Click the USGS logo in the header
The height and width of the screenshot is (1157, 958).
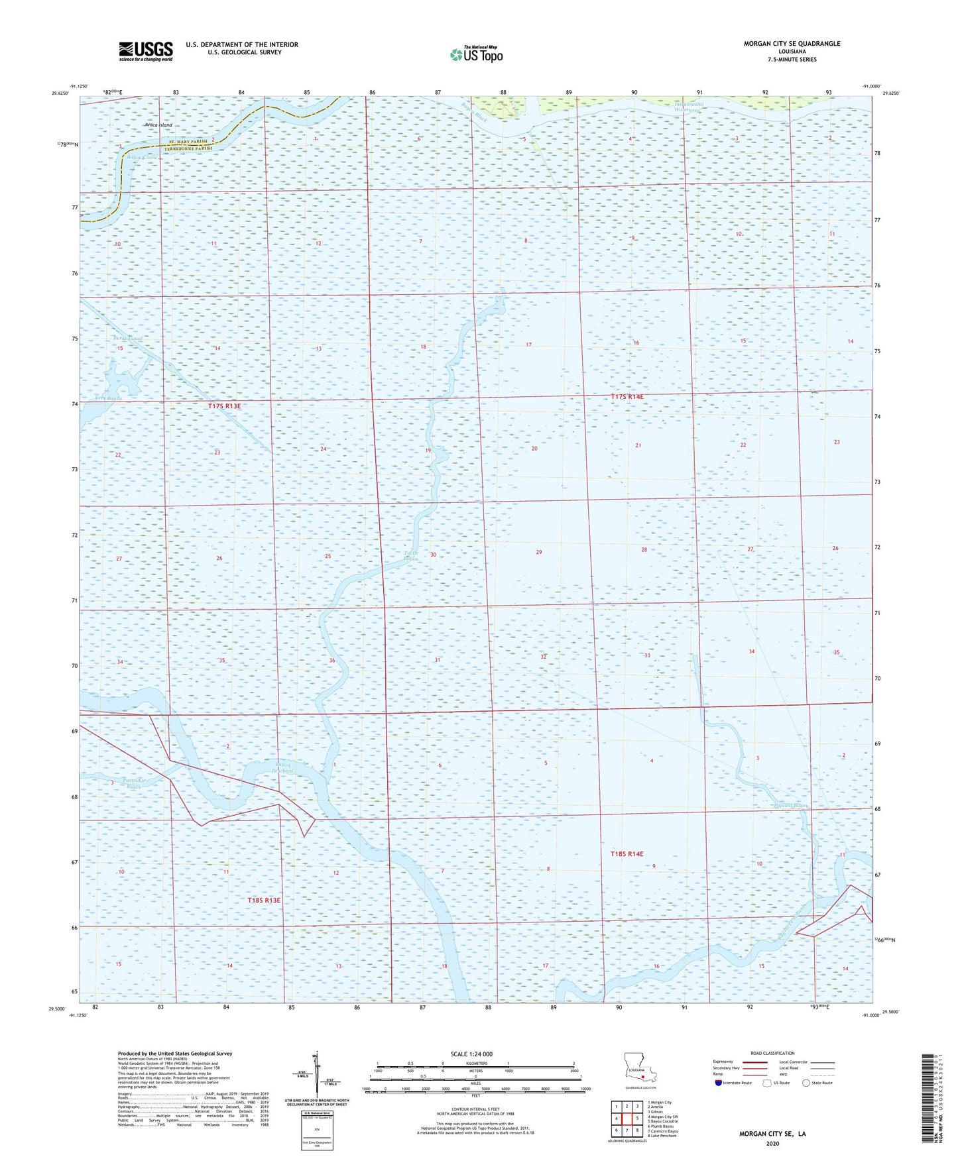(x=145, y=51)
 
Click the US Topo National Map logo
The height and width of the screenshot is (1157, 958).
(x=476, y=54)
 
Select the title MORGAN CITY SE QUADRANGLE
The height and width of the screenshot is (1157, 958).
(x=792, y=44)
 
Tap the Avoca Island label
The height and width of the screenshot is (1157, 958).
(x=158, y=125)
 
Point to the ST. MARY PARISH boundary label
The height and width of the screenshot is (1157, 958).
(x=188, y=142)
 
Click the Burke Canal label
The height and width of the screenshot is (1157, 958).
(x=127, y=339)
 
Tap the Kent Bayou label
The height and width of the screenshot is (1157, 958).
(x=109, y=398)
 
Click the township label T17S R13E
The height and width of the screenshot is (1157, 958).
(x=224, y=406)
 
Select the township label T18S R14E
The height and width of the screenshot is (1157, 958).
(x=627, y=854)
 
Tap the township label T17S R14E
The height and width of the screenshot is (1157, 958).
(x=627, y=396)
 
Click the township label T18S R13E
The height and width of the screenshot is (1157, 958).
(x=264, y=901)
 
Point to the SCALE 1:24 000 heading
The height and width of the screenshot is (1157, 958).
(x=471, y=1054)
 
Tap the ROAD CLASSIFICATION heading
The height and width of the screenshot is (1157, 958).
(x=772, y=1053)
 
